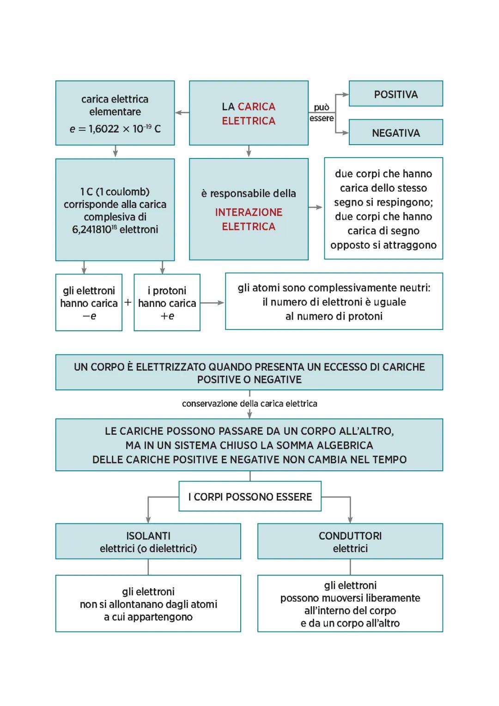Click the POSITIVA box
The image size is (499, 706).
click(x=396, y=94)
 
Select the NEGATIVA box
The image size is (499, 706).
click(x=396, y=133)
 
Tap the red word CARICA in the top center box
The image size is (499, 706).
click(x=256, y=107)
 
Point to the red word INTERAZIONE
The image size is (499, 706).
click(x=249, y=213)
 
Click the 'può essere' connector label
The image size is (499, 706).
click(x=322, y=113)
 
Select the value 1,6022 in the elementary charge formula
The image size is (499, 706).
click(x=104, y=129)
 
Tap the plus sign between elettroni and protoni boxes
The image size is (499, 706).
click(x=128, y=303)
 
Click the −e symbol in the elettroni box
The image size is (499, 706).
click(x=89, y=316)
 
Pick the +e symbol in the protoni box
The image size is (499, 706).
click(x=167, y=316)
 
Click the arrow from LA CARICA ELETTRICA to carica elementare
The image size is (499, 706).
click(x=182, y=112)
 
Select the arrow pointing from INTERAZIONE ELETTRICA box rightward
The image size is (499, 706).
click(x=316, y=207)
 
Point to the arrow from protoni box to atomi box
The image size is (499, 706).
click(x=213, y=303)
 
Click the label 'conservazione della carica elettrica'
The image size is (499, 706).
click(x=249, y=404)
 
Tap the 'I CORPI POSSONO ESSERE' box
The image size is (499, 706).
click(x=250, y=497)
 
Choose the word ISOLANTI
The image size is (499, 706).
click(x=148, y=536)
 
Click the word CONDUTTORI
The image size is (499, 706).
click(x=350, y=536)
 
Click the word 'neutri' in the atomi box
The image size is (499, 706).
click(x=414, y=288)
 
